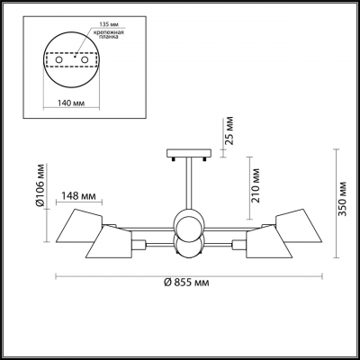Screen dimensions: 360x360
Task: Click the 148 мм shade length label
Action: pos(80,196)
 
